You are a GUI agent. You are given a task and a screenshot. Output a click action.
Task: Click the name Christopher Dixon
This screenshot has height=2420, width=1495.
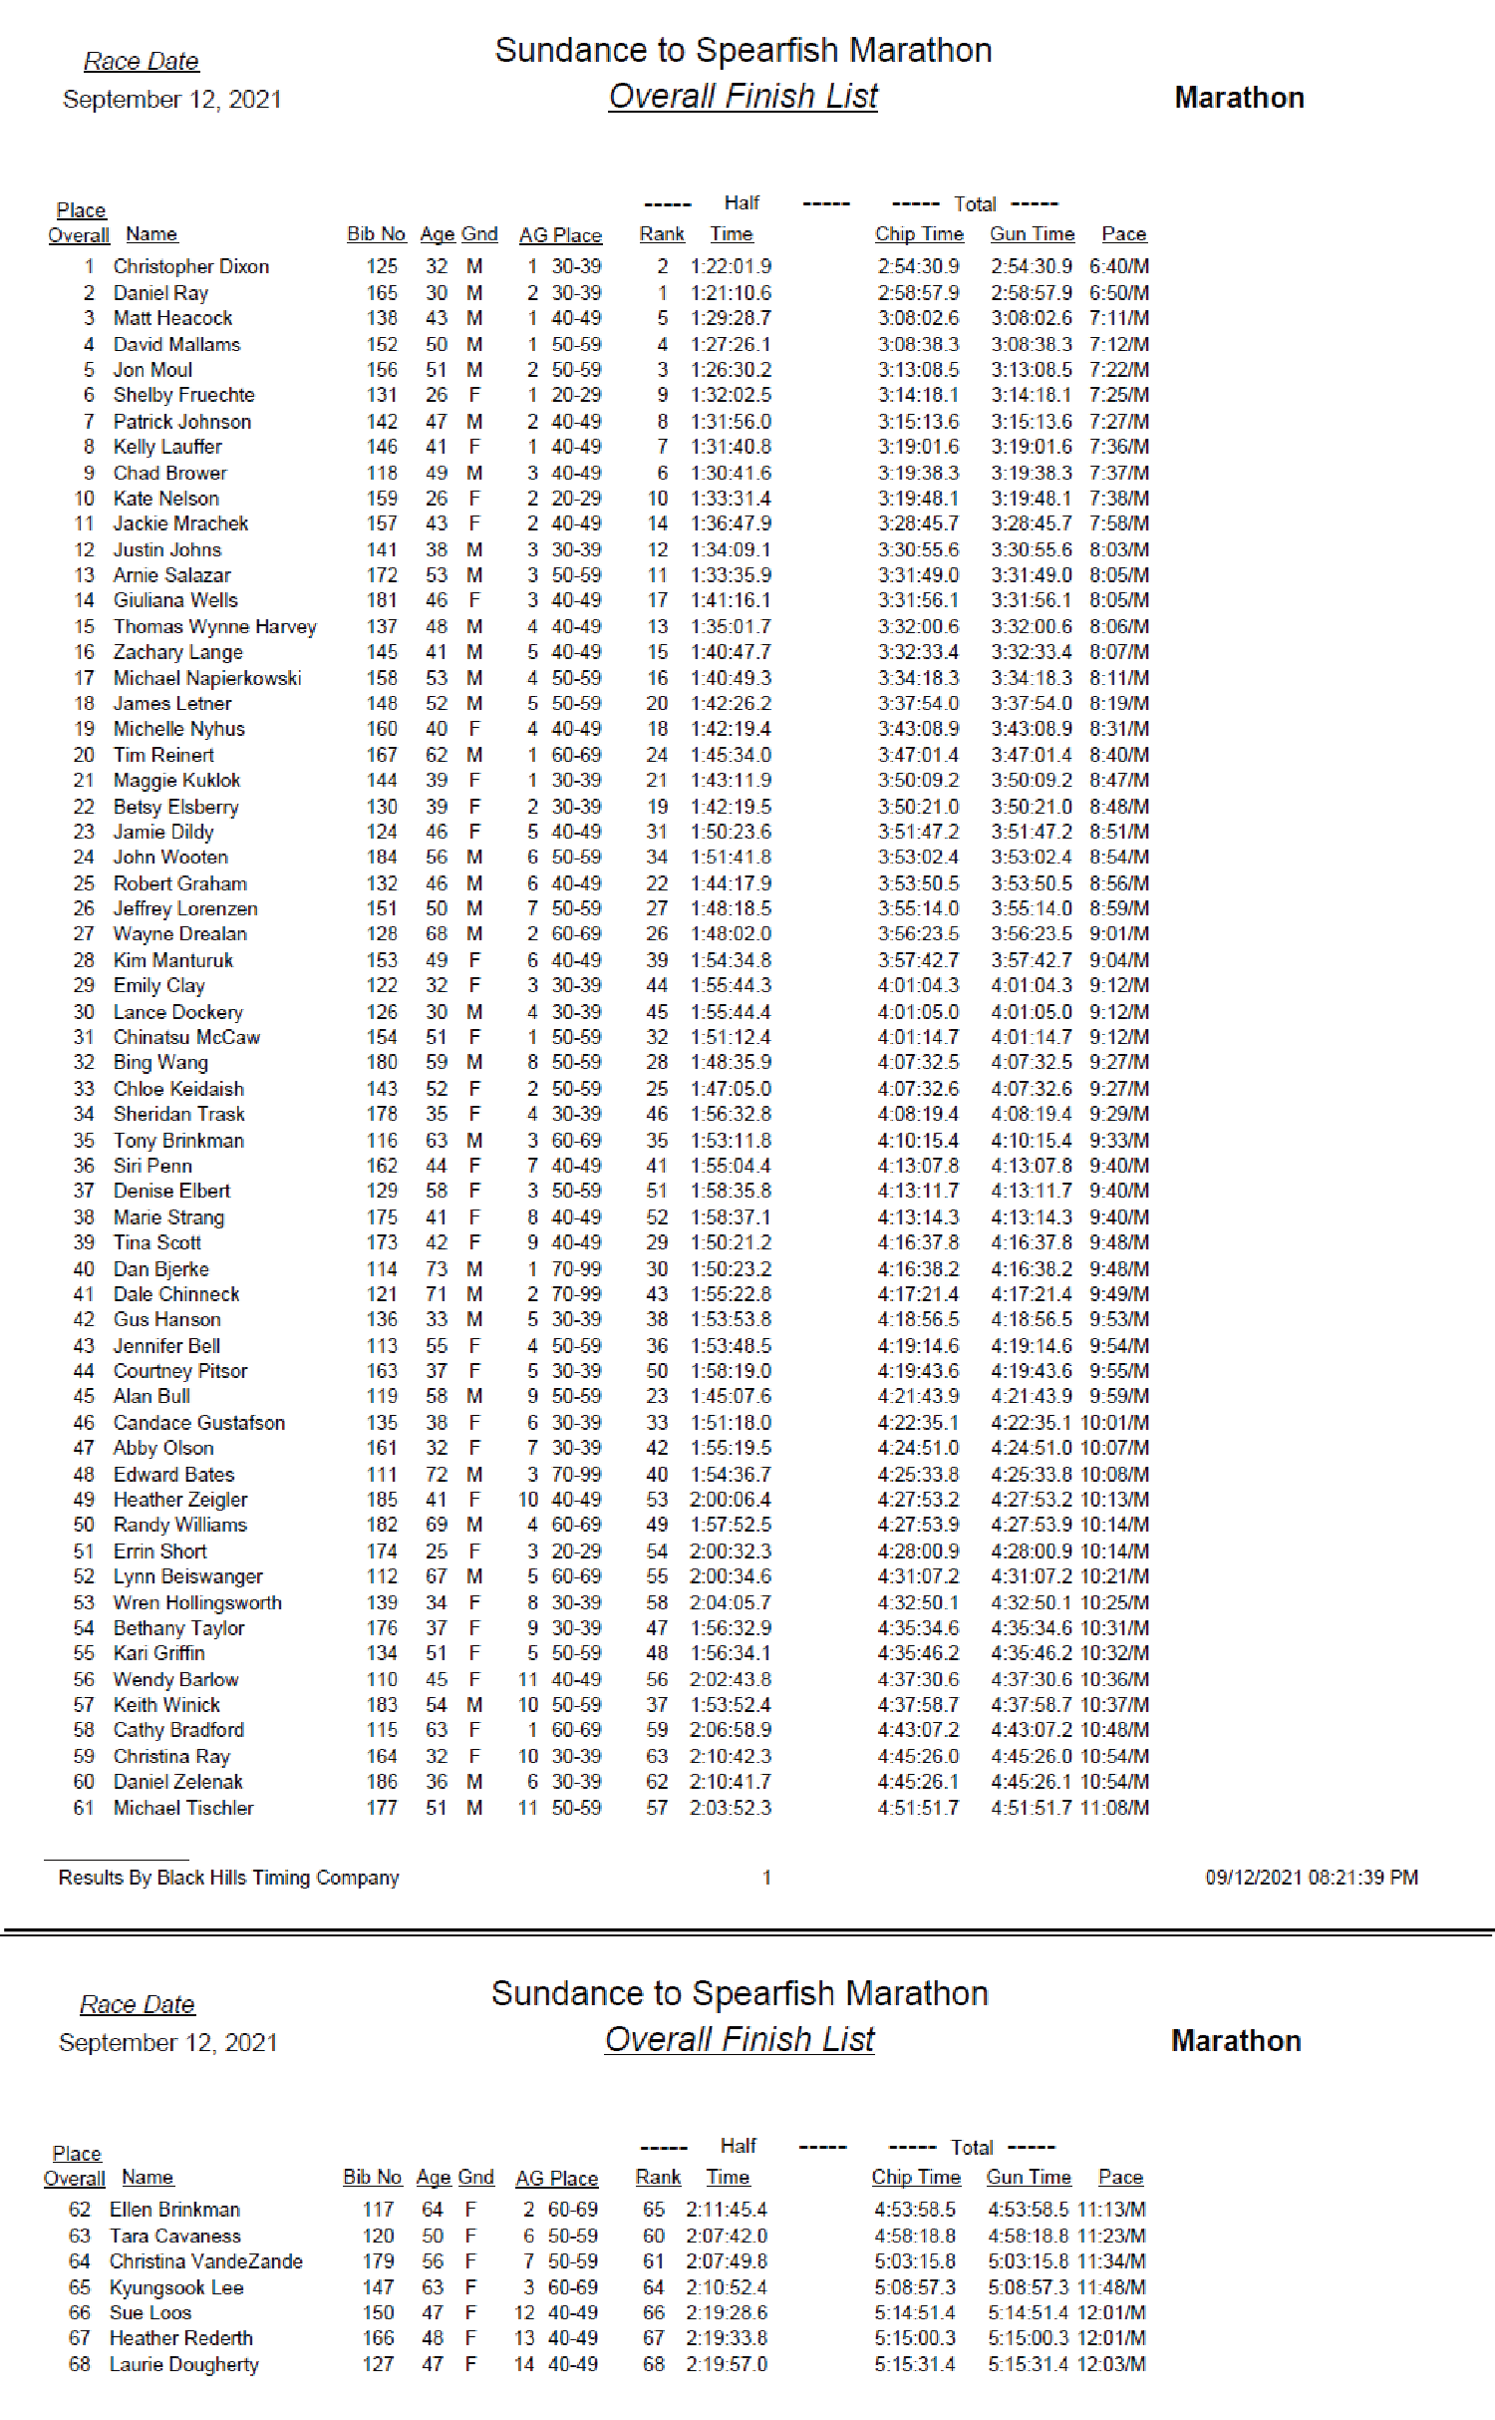pyautogui.click(x=190, y=266)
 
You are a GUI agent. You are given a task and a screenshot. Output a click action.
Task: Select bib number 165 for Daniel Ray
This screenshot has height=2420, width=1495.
pyautogui.click(x=382, y=292)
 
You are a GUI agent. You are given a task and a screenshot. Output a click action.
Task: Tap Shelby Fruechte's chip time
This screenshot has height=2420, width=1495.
pyautogui.click(x=918, y=395)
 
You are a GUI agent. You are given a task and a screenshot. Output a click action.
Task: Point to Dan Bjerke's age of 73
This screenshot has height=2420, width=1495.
pyautogui.click(x=437, y=1268)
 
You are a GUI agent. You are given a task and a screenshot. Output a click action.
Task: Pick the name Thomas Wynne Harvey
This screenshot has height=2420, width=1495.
pyautogui.click(x=214, y=626)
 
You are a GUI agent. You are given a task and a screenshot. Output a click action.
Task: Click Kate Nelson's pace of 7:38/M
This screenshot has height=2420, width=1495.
pyautogui.click(x=1118, y=498)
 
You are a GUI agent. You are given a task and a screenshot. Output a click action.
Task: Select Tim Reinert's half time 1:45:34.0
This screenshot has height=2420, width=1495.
pyautogui.click(x=731, y=755)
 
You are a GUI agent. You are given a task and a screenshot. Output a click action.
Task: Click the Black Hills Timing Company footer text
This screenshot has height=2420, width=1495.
pyautogui.click(x=228, y=1878)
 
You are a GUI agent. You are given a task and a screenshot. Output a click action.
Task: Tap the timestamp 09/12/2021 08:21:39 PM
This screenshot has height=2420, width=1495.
pyautogui.click(x=1312, y=1878)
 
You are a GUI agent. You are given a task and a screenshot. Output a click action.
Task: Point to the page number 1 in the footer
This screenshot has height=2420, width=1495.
pyautogui.click(x=766, y=1878)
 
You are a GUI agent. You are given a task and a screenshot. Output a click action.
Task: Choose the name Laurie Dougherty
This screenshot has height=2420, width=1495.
pyautogui.click(x=183, y=2364)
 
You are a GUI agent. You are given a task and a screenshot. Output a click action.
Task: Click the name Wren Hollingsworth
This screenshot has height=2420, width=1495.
pyautogui.click(x=197, y=1602)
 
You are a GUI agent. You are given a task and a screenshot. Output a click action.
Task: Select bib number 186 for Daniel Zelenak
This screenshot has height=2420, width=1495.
pyautogui.click(x=382, y=1781)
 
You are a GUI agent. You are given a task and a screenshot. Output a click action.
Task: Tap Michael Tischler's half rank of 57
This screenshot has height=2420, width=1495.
pyautogui.click(x=657, y=1808)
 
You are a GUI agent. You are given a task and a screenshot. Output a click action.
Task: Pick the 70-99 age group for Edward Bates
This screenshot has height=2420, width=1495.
pyautogui.click(x=576, y=1474)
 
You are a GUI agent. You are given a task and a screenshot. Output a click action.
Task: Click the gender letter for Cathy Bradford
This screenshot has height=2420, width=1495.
pyautogui.click(x=474, y=1730)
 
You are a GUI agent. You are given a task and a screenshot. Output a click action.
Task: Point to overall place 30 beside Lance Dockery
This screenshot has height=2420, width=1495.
pyautogui.click(x=84, y=1012)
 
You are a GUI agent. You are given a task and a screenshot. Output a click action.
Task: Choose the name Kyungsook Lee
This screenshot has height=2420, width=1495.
pyautogui.click(x=176, y=2287)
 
